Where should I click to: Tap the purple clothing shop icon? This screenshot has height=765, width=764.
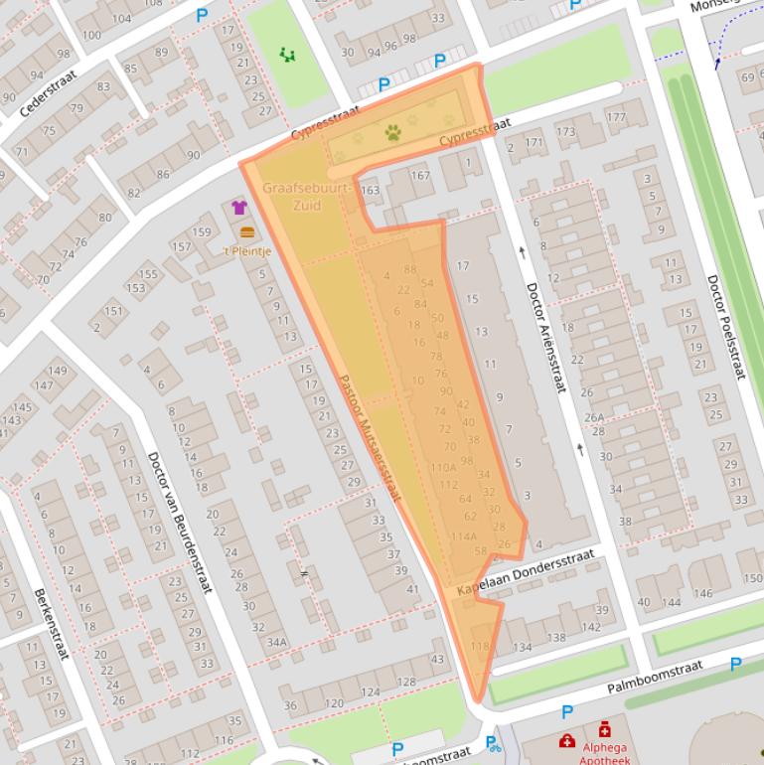pos(239,208)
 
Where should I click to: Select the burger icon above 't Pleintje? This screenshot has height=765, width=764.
pos(247,231)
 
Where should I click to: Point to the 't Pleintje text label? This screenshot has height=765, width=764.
pos(247,250)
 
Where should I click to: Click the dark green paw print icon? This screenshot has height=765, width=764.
pos(394,131)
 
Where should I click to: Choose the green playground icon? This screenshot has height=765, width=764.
pos(287,54)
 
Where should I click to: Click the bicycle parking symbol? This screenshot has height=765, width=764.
pos(492,743)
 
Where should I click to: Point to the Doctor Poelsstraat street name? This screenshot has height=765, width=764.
pos(726,327)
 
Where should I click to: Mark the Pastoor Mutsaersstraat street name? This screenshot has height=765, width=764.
pos(369,437)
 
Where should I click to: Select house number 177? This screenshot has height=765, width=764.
pos(616,117)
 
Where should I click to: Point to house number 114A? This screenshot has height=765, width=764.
pos(463,536)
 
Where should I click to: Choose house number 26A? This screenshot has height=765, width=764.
pos(593,418)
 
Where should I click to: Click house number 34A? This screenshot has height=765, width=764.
pos(276,643)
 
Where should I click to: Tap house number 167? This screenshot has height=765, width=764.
pos(420,176)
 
